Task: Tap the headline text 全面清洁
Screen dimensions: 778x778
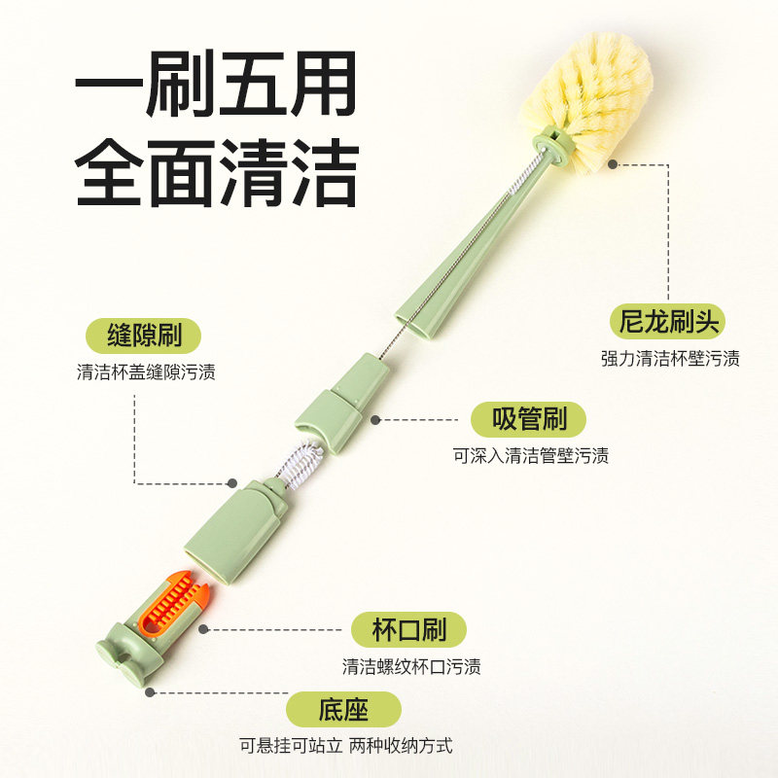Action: [x=216, y=173]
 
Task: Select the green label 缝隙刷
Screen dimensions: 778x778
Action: [x=145, y=336]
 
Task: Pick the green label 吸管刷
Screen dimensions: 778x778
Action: [x=529, y=419]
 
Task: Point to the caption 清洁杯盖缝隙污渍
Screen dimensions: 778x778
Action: [x=146, y=372]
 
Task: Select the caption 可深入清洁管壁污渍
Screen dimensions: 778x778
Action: [x=531, y=455]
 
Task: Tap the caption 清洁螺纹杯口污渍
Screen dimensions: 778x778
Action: [x=410, y=667]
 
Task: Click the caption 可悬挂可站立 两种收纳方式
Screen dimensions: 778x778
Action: [x=345, y=746]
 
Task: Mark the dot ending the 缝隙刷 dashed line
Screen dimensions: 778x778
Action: [x=232, y=482]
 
